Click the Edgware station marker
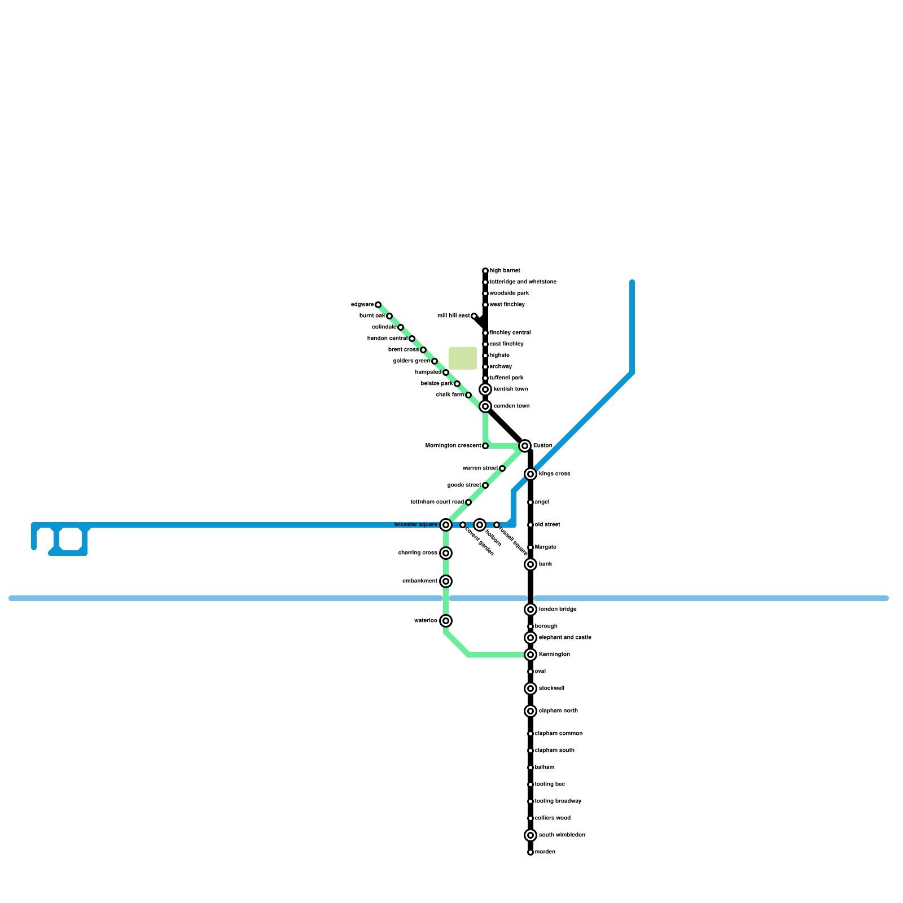[x=378, y=305]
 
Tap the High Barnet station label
[x=505, y=271]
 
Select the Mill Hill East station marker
[x=474, y=316]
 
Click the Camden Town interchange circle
[x=485, y=406]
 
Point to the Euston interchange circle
[x=525, y=446]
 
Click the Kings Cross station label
[x=554, y=474]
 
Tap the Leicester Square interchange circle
[x=446, y=525]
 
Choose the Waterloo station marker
[x=446, y=621]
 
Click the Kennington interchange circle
[x=531, y=655]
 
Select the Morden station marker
[x=531, y=852]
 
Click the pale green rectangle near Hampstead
[x=463, y=358]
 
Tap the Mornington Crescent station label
[x=453, y=446]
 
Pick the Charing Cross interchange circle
[x=446, y=553]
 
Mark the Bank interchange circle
[x=531, y=564]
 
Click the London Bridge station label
[x=558, y=610]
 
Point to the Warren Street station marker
[x=502, y=468]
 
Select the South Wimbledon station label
[x=562, y=835]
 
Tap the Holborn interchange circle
[x=480, y=525]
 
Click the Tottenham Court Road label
[x=437, y=502]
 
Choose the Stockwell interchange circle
[x=531, y=689]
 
